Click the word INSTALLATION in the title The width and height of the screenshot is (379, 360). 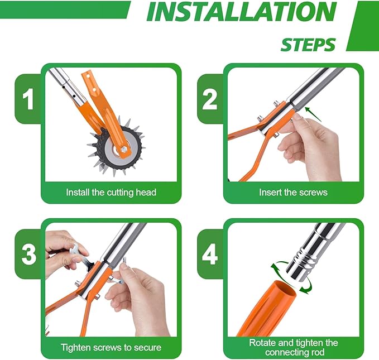[x=241, y=12]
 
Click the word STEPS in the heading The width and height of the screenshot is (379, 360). [x=308, y=44]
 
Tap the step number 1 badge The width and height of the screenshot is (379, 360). [x=28, y=100]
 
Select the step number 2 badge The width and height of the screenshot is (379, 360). [x=210, y=100]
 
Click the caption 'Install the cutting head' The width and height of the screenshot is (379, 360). [x=111, y=193]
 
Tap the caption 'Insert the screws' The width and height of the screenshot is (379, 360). [x=293, y=193]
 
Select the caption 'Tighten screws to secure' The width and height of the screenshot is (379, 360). [x=111, y=347]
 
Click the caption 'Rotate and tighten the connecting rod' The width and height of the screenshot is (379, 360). [x=293, y=347]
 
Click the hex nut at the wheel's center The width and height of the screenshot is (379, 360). [x=121, y=150]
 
